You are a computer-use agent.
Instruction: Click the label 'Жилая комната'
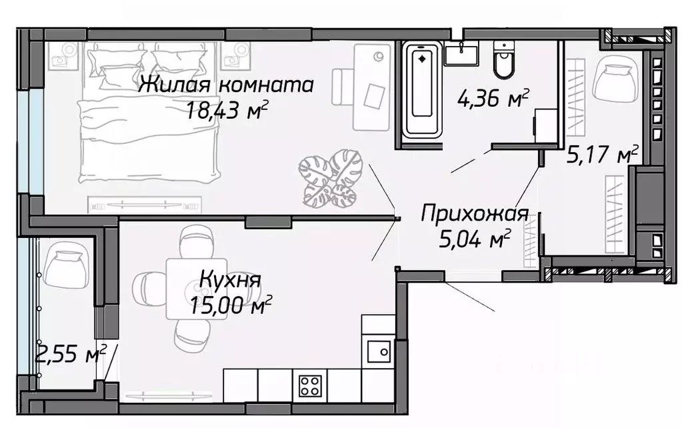pos(227,85)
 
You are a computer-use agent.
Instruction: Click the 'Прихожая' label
pos(475,214)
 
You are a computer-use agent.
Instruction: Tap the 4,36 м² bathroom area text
pos(493,99)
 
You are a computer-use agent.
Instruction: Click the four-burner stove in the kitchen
pos(311,385)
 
